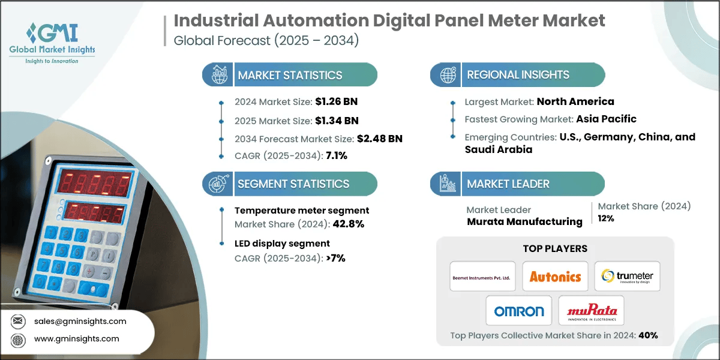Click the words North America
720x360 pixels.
pos(575,101)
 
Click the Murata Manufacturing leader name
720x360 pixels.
pos(524,222)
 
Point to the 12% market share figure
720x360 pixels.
pos(606,219)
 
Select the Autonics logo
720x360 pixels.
pos(555,277)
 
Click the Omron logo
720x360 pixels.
pos(519,311)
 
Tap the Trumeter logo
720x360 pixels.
pos(627,277)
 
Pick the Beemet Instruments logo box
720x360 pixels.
pos(482,277)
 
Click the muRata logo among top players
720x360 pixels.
pos(591,311)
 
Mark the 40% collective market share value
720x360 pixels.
pos(648,335)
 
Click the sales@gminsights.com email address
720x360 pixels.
pos(80,321)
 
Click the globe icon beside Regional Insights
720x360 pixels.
pos(448,75)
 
